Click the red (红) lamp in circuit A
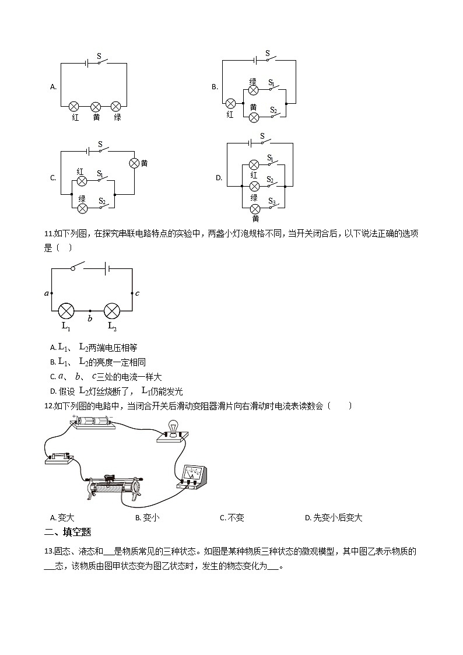(74, 106)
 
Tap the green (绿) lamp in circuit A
(116, 106)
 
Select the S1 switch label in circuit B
(272, 83)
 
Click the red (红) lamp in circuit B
(231, 103)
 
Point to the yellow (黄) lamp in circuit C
(134, 163)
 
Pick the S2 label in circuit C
(101, 201)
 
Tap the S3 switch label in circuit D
(272, 201)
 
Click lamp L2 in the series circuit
(113, 310)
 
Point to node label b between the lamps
(89, 318)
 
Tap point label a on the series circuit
(46, 293)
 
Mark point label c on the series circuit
(137, 293)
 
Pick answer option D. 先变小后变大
(333, 517)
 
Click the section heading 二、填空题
(68, 532)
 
